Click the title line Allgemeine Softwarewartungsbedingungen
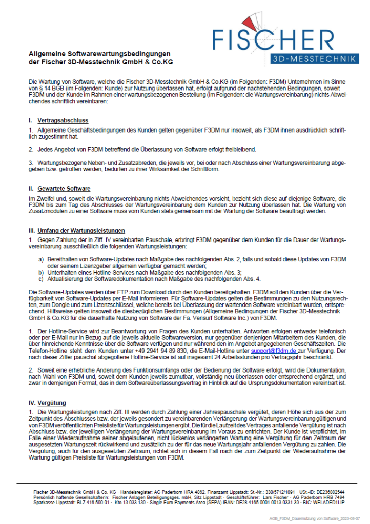coord(99,54)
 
